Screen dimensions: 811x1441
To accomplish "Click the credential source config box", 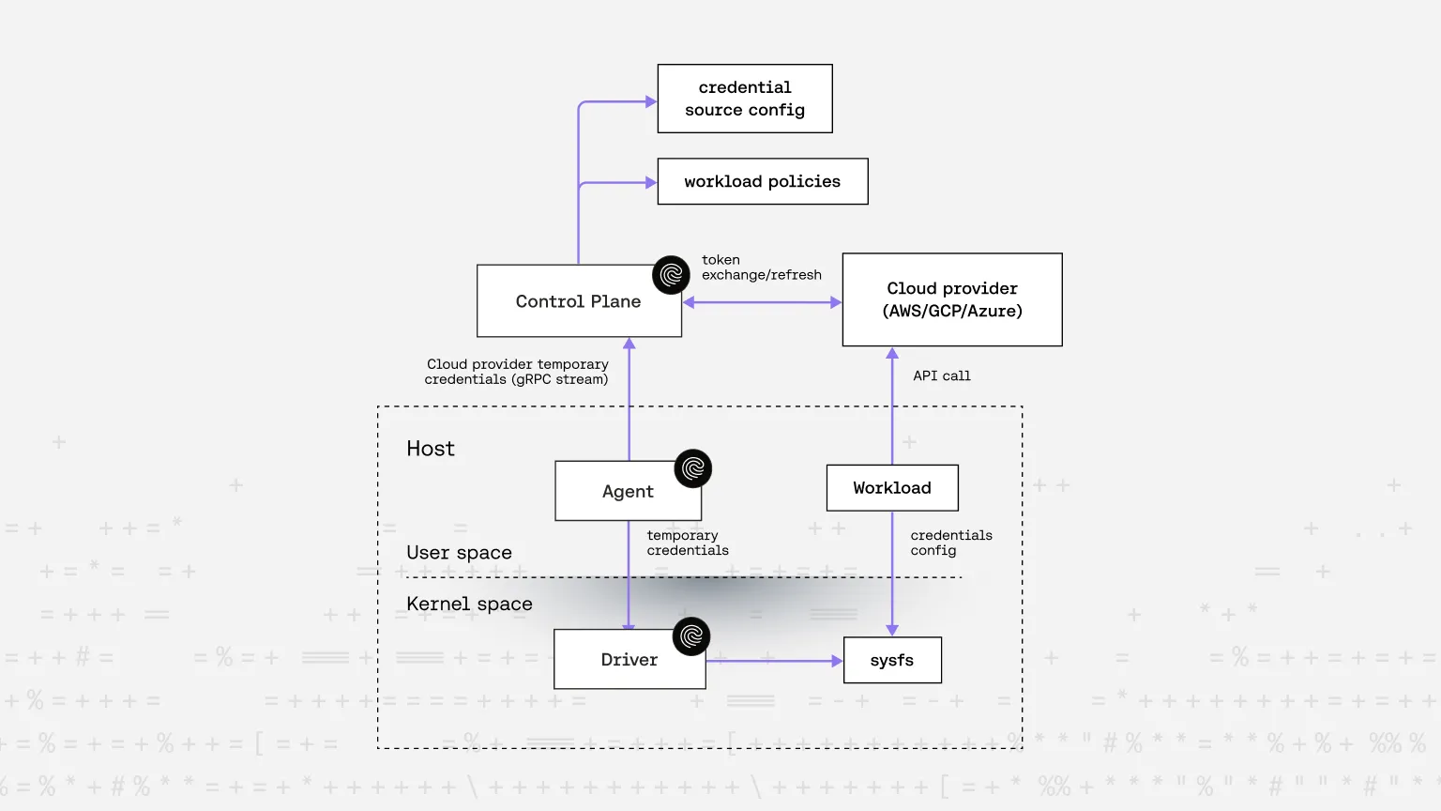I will pos(745,99).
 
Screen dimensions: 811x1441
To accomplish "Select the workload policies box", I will pos(763,181).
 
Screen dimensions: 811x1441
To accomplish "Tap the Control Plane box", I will pos(578,301).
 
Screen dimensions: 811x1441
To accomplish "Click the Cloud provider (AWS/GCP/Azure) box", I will pos(952,299).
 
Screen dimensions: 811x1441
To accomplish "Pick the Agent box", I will pos(628,491).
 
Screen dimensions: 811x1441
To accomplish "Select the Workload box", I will pos(892,488).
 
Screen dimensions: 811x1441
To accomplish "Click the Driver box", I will pos(629,660).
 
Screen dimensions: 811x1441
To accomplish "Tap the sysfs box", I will pos(892,660).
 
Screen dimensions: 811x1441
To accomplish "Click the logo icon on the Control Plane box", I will pos(671,275).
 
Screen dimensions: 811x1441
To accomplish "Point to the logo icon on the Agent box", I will pos(693,468).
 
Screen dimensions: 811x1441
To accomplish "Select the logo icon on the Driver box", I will pos(691,636).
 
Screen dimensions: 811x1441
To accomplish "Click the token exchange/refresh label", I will pos(761,268).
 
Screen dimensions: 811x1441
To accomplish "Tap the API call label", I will pos(942,375).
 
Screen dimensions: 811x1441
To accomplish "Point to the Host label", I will pos(431,449).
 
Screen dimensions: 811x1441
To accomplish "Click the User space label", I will pos(459,553).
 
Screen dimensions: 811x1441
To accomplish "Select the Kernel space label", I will pos(469,604).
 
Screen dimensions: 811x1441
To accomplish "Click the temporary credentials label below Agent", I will pos(687,543).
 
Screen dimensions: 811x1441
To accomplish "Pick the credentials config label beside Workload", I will pos(950,543).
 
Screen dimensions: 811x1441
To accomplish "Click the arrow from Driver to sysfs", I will pos(774,661).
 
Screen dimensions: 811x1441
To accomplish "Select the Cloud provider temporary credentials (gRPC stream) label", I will pos(517,372).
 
